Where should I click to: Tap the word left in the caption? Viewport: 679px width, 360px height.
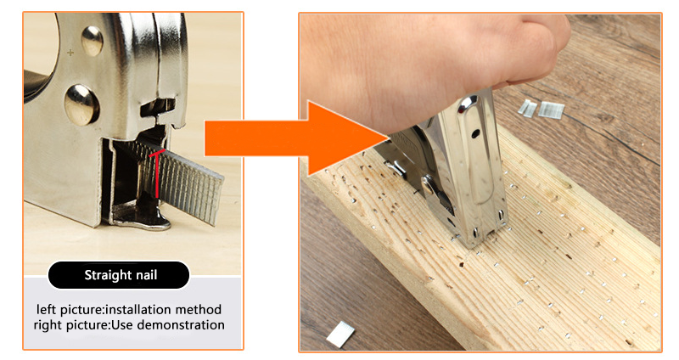[x=46, y=310]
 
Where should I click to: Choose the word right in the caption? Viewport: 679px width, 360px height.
[x=48, y=326]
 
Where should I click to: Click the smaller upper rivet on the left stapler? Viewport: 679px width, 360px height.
[x=92, y=41]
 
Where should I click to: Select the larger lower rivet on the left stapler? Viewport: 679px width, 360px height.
[x=81, y=104]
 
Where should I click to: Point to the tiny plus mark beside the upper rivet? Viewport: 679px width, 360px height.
[x=70, y=53]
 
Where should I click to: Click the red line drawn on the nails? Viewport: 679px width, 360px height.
[x=157, y=173]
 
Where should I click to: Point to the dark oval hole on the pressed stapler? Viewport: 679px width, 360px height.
[x=475, y=133]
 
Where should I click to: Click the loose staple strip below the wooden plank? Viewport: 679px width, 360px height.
[x=340, y=334]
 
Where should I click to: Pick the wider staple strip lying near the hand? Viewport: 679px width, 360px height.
[x=551, y=110]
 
